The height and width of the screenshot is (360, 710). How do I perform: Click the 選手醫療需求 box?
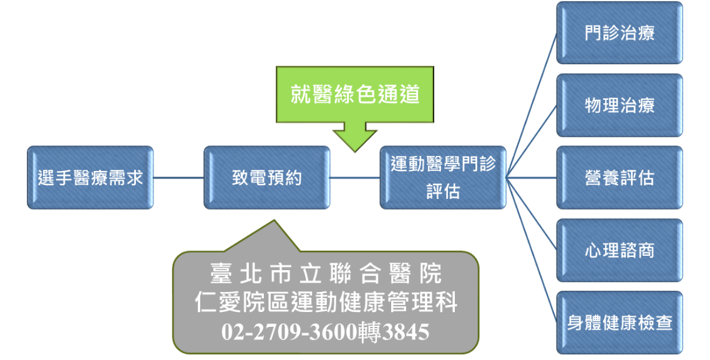click(90, 178)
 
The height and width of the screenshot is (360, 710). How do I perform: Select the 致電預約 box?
click(267, 178)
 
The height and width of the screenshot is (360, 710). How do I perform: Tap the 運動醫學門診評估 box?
click(443, 178)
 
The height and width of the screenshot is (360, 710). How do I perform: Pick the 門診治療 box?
click(620, 33)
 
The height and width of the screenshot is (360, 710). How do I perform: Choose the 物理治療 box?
click(620, 105)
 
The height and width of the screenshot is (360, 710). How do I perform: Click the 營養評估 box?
click(620, 178)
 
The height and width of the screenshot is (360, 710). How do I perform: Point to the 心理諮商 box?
click(620, 250)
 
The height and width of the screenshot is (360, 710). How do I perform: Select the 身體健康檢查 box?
click(620, 323)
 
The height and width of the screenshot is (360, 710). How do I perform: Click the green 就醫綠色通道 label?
click(355, 95)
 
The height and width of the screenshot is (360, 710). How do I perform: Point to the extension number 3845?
click(406, 331)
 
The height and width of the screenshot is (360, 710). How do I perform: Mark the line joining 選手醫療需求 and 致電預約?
click(178, 178)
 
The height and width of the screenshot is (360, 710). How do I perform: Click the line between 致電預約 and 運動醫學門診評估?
click(355, 178)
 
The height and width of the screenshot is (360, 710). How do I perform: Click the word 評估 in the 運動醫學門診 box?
click(443, 191)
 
